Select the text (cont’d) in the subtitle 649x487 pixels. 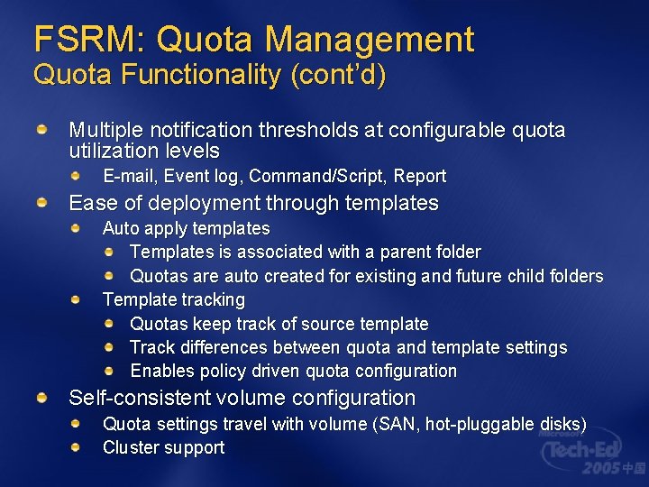tap(338, 75)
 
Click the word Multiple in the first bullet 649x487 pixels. tap(104, 131)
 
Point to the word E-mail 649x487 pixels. tap(127, 176)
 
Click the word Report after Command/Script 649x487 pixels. tap(420, 176)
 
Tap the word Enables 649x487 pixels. tap(159, 371)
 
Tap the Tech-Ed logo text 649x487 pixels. tap(586, 447)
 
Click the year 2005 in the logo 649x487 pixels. tap(602, 469)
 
